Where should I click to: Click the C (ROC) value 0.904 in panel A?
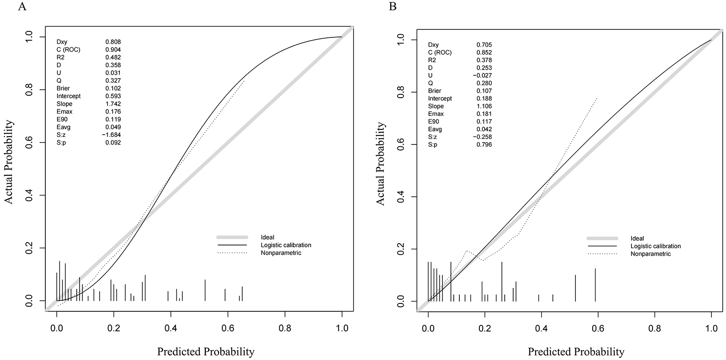pyautogui.click(x=113, y=50)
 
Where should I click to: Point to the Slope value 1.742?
pyautogui.click(x=113, y=104)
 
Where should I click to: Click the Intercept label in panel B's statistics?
pyautogui.click(x=440, y=99)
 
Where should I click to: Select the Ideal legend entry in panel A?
pyautogui.click(x=268, y=238)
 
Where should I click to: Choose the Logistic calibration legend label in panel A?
pyautogui.click(x=286, y=245)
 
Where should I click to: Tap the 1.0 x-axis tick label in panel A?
pyautogui.click(x=342, y=327)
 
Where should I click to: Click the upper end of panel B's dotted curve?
pyautogui.click(x=597, y=98)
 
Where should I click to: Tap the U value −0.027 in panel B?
pyautogui.click(x=482, y=75)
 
